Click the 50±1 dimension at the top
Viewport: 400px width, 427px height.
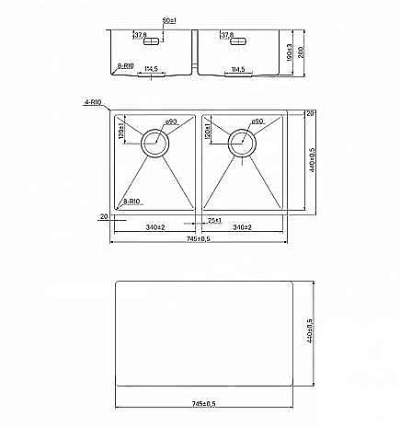click(167, 19)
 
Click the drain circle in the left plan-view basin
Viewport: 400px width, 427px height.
click(154, 139)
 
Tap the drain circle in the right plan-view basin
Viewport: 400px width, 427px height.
click(243, 139)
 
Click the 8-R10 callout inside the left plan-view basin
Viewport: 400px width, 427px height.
click(131, 200)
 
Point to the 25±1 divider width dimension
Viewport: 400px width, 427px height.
click(215, 221)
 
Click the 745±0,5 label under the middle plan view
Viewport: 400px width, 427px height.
click(196, 238)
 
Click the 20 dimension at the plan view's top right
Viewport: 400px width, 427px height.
click(310, 112)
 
